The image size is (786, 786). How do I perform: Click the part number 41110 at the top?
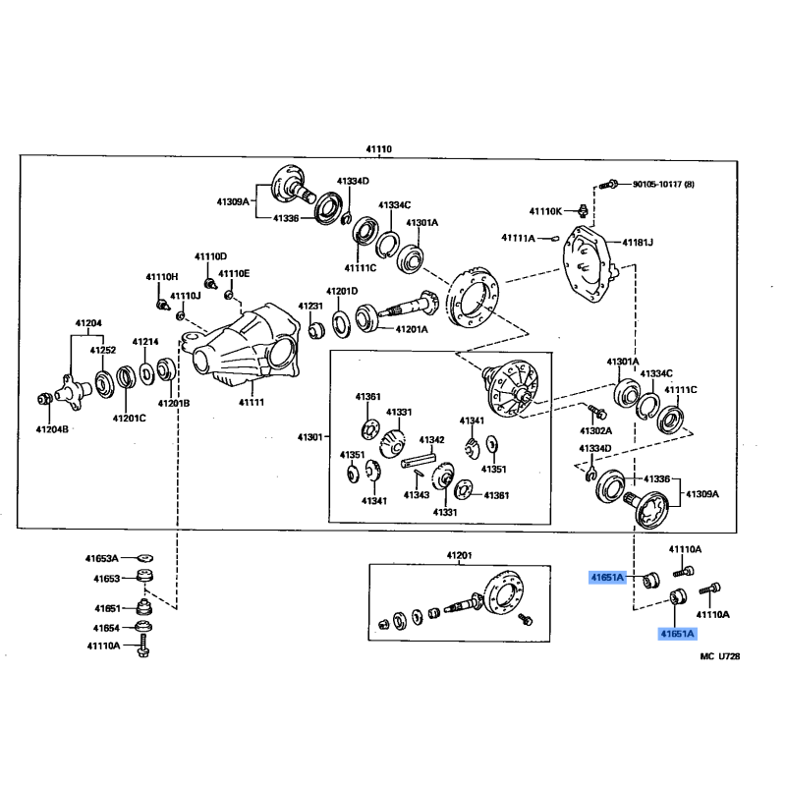379,148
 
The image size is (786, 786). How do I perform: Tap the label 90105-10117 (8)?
662,184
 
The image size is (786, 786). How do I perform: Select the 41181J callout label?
637,242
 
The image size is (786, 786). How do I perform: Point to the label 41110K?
545,211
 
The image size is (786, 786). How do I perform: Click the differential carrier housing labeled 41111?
251,349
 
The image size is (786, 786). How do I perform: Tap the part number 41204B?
52,428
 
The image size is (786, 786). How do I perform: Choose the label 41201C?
129,419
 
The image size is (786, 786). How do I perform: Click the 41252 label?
103,350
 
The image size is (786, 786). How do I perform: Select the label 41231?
313,306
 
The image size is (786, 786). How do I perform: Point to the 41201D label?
343,291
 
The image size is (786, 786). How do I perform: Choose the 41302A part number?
595,430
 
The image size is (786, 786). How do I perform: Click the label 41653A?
101,558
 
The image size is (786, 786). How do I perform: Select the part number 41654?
107,627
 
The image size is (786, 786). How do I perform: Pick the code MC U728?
720,656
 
